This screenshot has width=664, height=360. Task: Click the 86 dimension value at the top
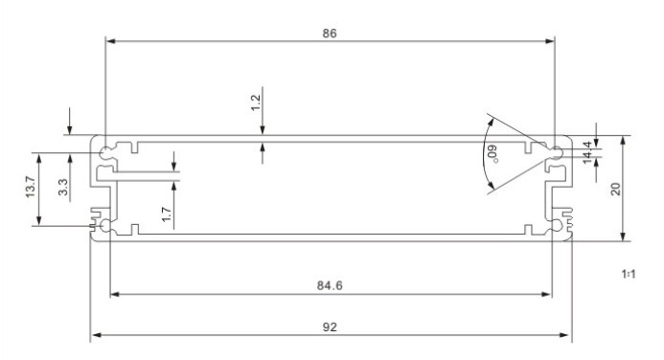click(330, 34)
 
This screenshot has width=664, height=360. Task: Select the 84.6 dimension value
click(330, 286)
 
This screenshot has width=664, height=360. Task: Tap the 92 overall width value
click(330, 327)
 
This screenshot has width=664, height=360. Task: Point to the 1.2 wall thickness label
click(256, 102)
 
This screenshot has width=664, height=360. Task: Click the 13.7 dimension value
click(31, 187)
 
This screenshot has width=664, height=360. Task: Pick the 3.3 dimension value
click(63, 187)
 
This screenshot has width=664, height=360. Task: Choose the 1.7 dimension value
click(167, 214)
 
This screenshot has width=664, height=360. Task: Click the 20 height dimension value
click(616, 189)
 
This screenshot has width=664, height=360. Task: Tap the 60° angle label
click(492, 154)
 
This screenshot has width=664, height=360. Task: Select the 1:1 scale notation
click(629, 274)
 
